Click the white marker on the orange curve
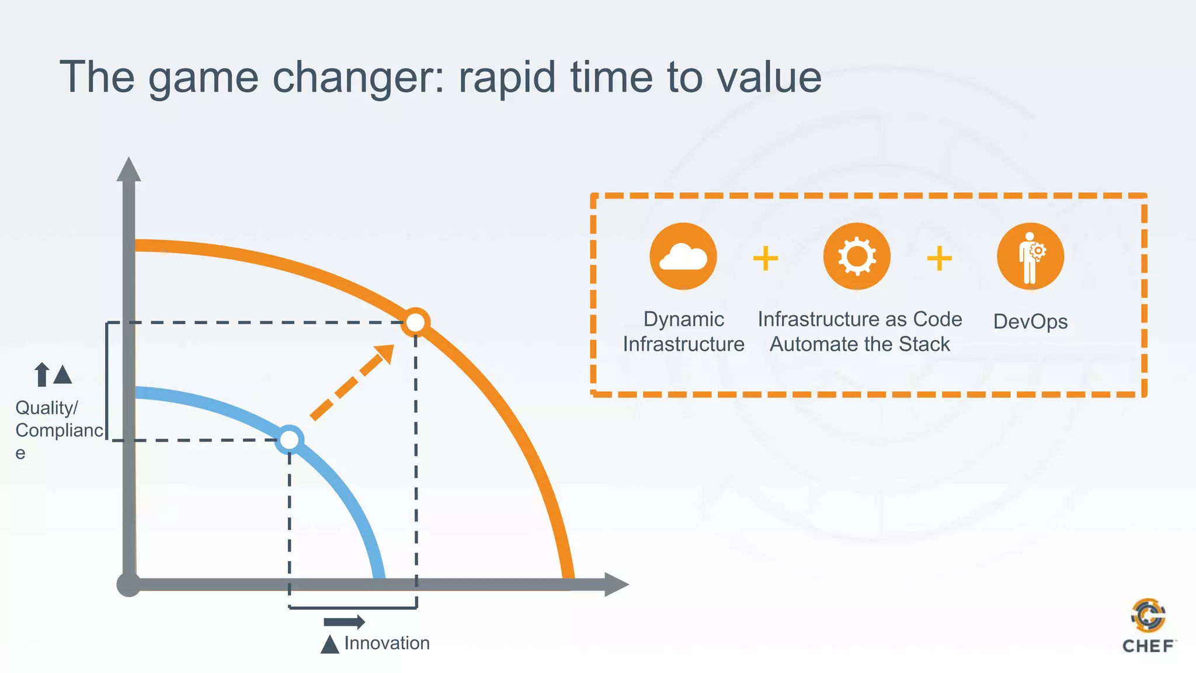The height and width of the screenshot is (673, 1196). tap(415, 322)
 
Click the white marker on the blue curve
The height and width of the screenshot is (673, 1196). tap(289, 440)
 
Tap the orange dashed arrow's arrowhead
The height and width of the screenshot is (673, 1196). tap(385, 353)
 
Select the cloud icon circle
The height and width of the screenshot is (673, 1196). tap(683, 256)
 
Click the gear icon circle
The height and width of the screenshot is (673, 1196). tap(857, 256)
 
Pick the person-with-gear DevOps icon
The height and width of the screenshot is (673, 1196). tap(1030, 256)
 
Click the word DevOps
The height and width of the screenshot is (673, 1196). tap(1030, 322)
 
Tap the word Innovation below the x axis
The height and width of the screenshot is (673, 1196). tap(387, 643)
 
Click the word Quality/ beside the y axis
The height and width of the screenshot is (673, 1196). tap(46, 408)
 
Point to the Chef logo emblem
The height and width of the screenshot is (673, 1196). tap(1148, 615)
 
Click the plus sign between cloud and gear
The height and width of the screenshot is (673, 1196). tap(765, 258)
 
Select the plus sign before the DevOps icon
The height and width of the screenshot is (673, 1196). tap(939, 258)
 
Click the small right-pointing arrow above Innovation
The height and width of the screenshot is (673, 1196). tap(345, 622)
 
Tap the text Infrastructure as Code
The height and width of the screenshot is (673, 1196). tap(860, 320)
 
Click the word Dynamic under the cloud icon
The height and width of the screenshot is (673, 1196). tap(683, 320)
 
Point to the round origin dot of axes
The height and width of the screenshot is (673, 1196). tap(128, 584)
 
